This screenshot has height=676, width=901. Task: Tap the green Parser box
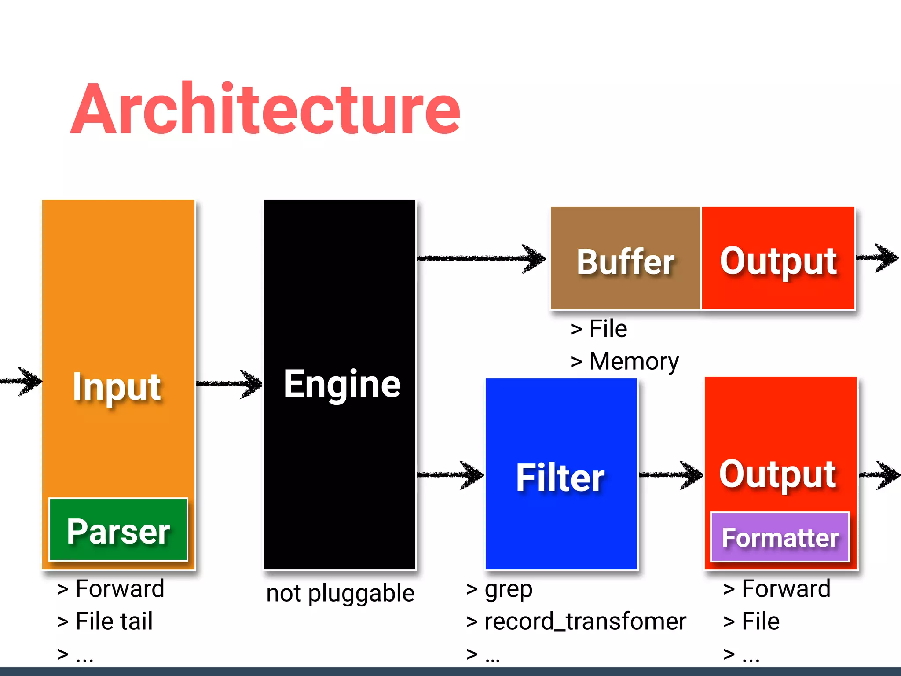(x=118, y=530)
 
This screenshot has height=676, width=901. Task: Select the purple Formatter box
(x=780, y=537)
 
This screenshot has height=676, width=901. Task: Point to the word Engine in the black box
(x=342, y=384)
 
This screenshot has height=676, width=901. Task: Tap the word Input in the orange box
(x=117, y=387)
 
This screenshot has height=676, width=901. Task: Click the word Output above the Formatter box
(x=778, y=474)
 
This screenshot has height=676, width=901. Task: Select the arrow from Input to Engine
(x=229, y=384)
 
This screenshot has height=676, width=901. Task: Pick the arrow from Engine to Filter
(x=450, y=474)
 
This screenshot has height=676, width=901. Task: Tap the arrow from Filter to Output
(x=670, y=474)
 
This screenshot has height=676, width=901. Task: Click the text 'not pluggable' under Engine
(x=340, y=593)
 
